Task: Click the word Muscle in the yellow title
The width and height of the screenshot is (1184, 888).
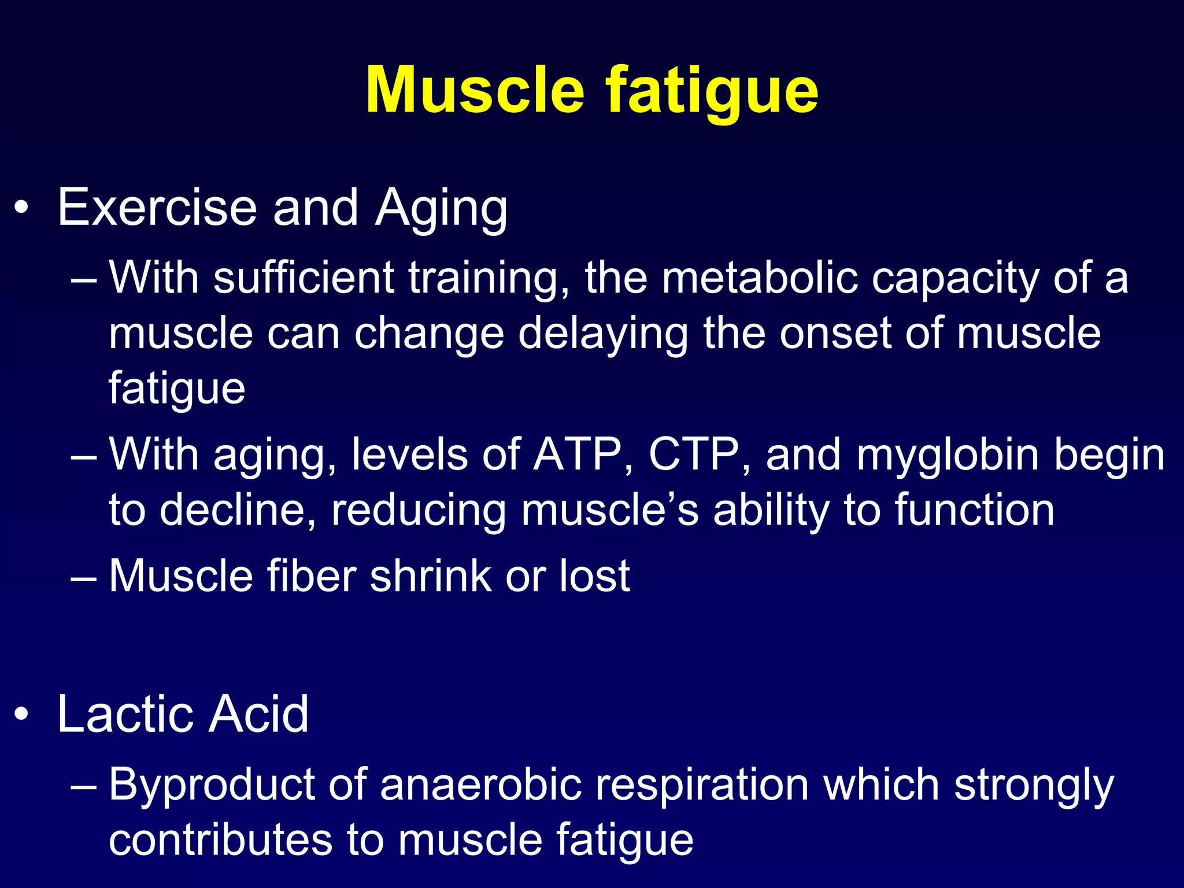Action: (475, 91)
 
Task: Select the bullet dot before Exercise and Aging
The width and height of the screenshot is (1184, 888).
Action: (21, 209)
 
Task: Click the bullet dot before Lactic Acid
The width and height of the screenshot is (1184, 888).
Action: (21, 715)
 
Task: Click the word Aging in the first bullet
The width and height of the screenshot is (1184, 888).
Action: (441, 209)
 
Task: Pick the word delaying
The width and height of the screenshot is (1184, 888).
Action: (603, 335)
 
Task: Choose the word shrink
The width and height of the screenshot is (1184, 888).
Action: (431, 576)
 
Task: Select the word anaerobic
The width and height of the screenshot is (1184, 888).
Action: (480, 785)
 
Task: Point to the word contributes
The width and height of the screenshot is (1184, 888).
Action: (220, 839)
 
